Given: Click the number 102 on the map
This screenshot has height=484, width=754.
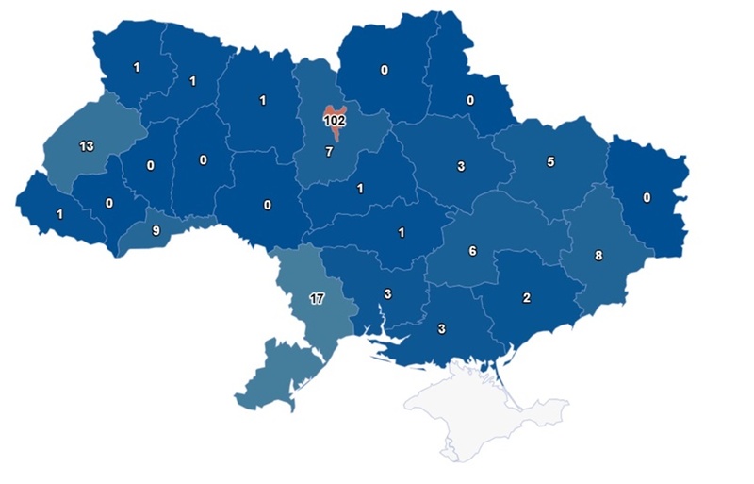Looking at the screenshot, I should [334, 121].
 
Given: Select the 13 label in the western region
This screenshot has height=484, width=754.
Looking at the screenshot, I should [86, 145].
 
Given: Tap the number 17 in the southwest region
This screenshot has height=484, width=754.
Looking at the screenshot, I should [318, 299].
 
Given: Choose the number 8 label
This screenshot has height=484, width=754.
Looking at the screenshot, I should [598, 254].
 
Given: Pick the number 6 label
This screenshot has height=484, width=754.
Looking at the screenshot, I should [473, 251].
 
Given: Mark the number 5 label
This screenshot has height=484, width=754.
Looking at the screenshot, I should [550, 161].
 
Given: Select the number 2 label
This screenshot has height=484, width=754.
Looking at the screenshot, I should [527, 298].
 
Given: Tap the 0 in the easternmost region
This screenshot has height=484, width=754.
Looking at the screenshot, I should [647, 198].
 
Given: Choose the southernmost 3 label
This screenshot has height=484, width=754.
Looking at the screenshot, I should [442, 329].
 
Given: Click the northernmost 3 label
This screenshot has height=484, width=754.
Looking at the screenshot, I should [461, 167].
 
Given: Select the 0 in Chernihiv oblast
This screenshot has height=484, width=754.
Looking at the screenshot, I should [385, 69].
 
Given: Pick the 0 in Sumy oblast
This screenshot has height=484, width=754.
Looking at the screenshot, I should [468, 100].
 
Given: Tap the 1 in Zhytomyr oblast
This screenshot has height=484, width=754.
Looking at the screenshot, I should [263, 101].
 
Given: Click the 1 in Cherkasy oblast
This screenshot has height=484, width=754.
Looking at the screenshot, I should [359, 189].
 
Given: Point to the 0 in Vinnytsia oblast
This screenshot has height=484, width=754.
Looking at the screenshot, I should [268, 205].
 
